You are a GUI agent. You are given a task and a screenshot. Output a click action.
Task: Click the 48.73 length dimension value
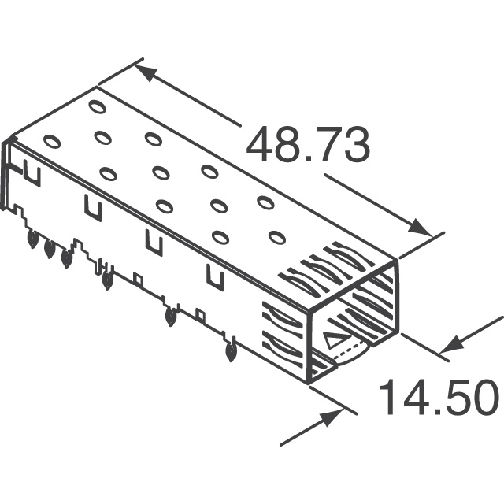(308, 146)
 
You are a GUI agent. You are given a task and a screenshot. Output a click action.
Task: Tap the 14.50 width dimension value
(439, 398)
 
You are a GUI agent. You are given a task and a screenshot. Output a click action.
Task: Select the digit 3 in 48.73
(354, 146)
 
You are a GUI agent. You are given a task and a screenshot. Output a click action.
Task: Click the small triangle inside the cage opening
(334, 342)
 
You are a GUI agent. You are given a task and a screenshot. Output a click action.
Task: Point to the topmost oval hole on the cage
(97, 106)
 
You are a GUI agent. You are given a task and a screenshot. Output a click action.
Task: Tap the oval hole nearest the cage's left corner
(52, 142)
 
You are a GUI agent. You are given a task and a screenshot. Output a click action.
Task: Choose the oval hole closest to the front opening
(276, 236)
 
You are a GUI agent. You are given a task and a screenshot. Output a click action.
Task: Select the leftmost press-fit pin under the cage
(32, 239)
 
